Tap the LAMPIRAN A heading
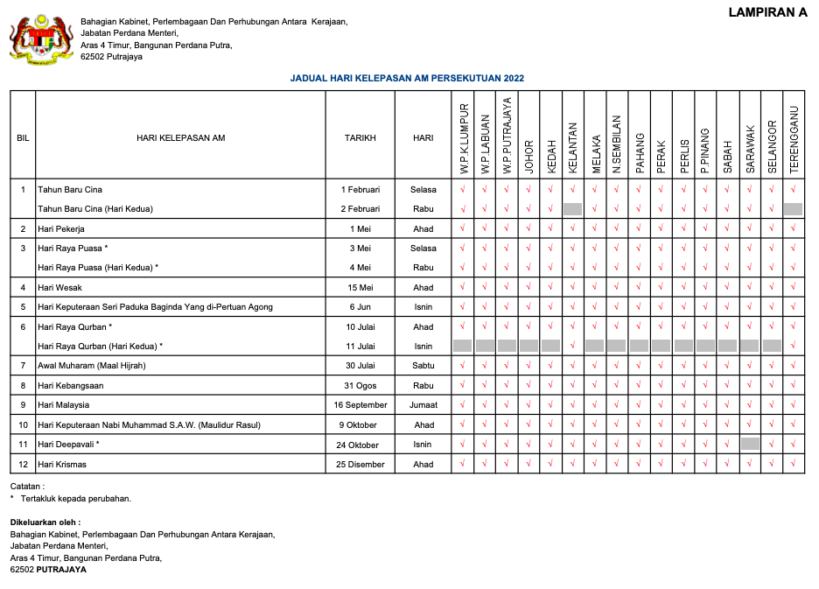click(767, 12)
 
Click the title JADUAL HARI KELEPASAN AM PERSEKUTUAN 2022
click(407, 78)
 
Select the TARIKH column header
click(360, 137)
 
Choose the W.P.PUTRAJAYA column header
click(507, 135)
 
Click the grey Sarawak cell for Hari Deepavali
click(750, 444)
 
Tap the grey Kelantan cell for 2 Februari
click(573, 209)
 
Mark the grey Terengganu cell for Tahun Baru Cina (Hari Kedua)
click(793, 209)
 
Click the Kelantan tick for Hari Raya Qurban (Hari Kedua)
click(573, 346)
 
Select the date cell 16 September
click(360, 405)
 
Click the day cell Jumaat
click(423, 405)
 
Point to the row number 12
click(23, 464)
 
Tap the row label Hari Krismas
click(62, 464)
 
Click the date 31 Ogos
click(360, 385)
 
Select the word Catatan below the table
click(26, 486)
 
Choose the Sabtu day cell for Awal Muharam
click(423, 365)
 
